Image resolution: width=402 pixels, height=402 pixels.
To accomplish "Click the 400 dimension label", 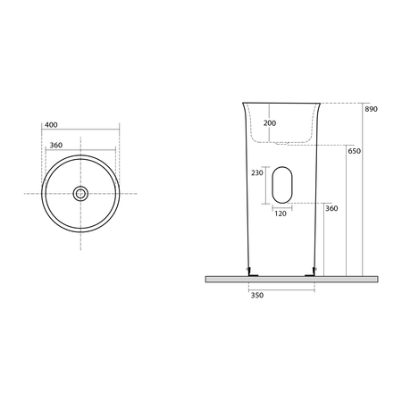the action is [x=51, y=125].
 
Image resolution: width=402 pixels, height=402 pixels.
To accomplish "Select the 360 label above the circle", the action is [x=56, y=145].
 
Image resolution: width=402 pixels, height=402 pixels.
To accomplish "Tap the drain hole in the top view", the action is [x=80, y=194].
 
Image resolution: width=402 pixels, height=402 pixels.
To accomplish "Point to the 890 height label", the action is [x=371, y=109].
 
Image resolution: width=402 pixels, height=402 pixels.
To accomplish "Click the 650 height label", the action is [x=354, y=151].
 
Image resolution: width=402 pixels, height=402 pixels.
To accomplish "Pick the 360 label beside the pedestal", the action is [x=331, y=208].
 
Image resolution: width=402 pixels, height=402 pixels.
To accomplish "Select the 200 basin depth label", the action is [x=270, y=123].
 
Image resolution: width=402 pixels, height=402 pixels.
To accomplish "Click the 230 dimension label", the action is [x=257, y=172].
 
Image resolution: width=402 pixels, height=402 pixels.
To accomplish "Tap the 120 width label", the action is [x=281, y=214].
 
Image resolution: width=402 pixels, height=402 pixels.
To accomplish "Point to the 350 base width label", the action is [x=257, y=295].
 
